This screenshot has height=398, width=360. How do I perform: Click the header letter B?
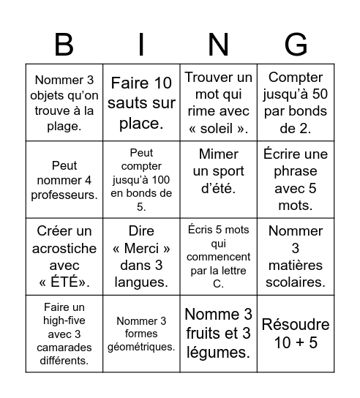click(x=64, y=45)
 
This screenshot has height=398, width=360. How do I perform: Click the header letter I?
click(x=141, y=45)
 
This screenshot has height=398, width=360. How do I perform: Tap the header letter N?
click(x=218, y=45)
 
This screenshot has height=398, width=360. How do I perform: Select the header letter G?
click(x=296, y=45)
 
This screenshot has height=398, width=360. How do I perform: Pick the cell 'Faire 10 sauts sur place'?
click(x=141, y=102)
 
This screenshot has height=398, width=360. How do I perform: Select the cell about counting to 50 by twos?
click(x=296, y=102)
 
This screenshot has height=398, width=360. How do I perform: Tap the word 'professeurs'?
click(x=64, y=195)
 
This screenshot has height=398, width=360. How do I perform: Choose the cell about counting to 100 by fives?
click(x=141, y=179)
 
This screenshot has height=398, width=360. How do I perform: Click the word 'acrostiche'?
click(x=64, y=249)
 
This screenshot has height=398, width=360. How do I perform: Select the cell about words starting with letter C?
click(x=218, y=256)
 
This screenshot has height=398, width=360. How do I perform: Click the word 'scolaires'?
click(x=296, y=282)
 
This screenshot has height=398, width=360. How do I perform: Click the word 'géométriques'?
click(x=141, y=346)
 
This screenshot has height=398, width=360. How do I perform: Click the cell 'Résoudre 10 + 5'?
click(x=296, y=333)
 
